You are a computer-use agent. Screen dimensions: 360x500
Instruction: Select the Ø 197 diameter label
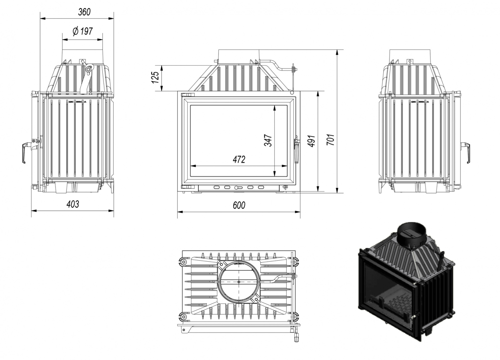point(82,31)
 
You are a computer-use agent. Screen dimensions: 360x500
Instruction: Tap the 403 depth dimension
point(73,204)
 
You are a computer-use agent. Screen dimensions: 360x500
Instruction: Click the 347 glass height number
point(268,140)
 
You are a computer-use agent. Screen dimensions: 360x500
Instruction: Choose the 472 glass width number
point(239,159)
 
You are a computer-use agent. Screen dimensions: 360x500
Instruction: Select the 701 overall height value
point(331,139)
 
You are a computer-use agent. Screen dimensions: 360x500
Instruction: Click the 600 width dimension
point(239,205)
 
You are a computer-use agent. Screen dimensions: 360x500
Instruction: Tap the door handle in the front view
point(297,150)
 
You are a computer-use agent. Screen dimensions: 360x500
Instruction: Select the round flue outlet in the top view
point(239,282)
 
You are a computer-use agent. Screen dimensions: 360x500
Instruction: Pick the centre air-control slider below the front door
point(238,188)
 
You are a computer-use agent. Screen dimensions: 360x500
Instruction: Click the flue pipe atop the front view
point(238,57)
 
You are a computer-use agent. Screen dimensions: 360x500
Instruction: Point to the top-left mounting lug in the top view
point(182,261)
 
